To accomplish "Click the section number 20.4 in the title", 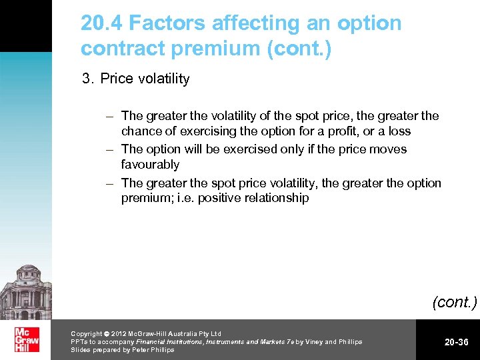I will coord(101,23).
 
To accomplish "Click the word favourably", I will coord(150,164).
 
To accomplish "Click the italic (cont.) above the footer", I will coord(455,302).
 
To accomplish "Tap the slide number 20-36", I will coord(457,342).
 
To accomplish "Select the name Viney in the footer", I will coord(309,342).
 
